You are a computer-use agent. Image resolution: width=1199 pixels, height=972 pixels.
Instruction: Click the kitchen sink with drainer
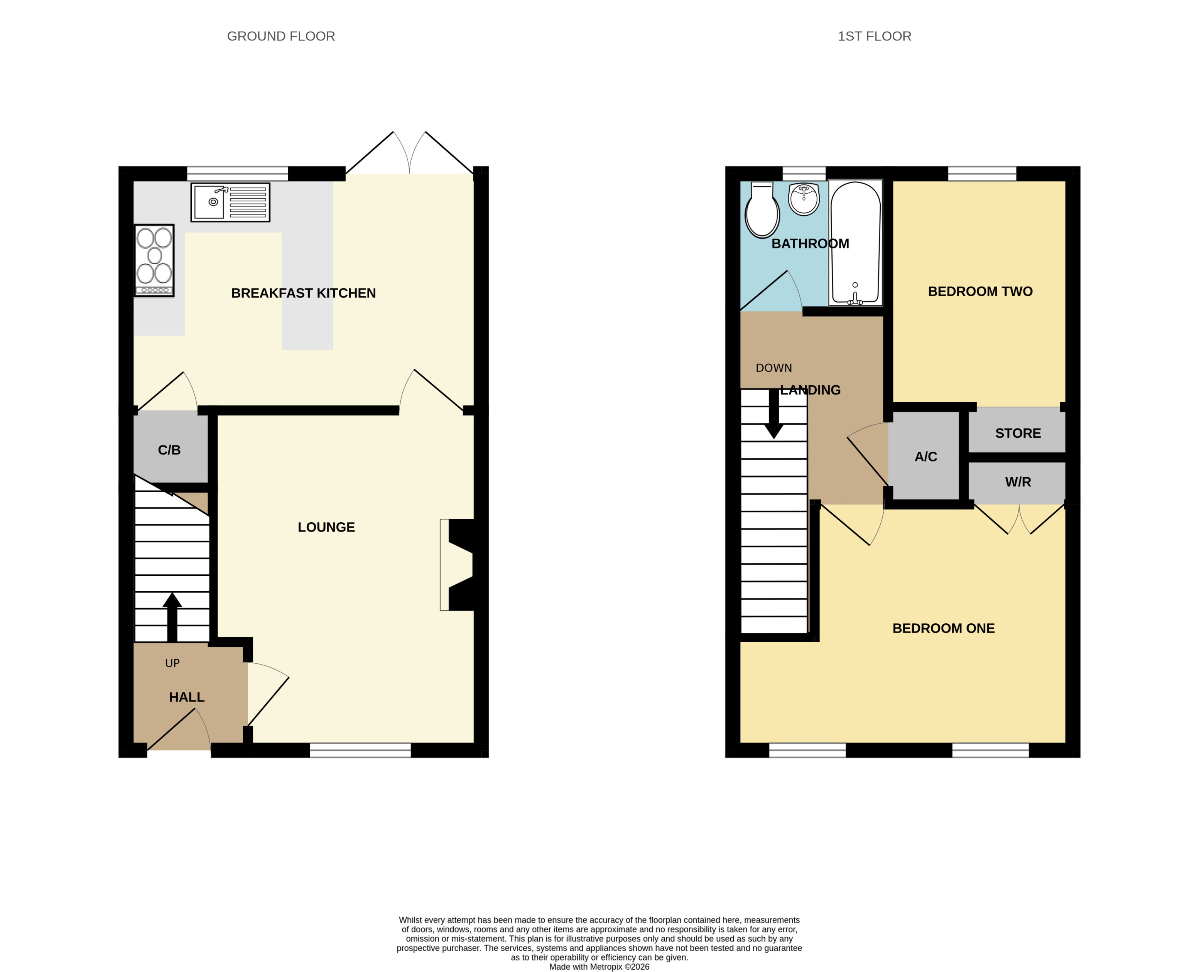click(230, 202)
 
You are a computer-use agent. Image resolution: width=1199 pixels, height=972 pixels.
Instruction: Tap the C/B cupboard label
click(169, 450)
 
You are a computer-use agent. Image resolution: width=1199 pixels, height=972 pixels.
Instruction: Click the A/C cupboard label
click(926, 457)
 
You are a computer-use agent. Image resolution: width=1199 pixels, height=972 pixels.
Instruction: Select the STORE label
click(1018, 434)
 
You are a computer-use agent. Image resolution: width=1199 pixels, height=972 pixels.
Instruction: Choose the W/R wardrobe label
click(1018, 482)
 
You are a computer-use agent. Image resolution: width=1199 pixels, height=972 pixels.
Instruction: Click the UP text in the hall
click(172, 663)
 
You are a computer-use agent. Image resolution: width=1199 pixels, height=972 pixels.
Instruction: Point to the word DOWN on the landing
click(773, 368)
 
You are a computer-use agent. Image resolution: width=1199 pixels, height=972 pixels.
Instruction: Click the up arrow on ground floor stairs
click(172, 616)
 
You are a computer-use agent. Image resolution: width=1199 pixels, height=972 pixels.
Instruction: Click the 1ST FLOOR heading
click(874, 36)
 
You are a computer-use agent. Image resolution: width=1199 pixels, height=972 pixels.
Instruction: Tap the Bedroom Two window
click(982, 174)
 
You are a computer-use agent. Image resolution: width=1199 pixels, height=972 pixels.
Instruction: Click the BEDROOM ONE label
click(943, 629)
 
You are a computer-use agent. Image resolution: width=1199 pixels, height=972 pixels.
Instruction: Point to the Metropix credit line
click(599, 966)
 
